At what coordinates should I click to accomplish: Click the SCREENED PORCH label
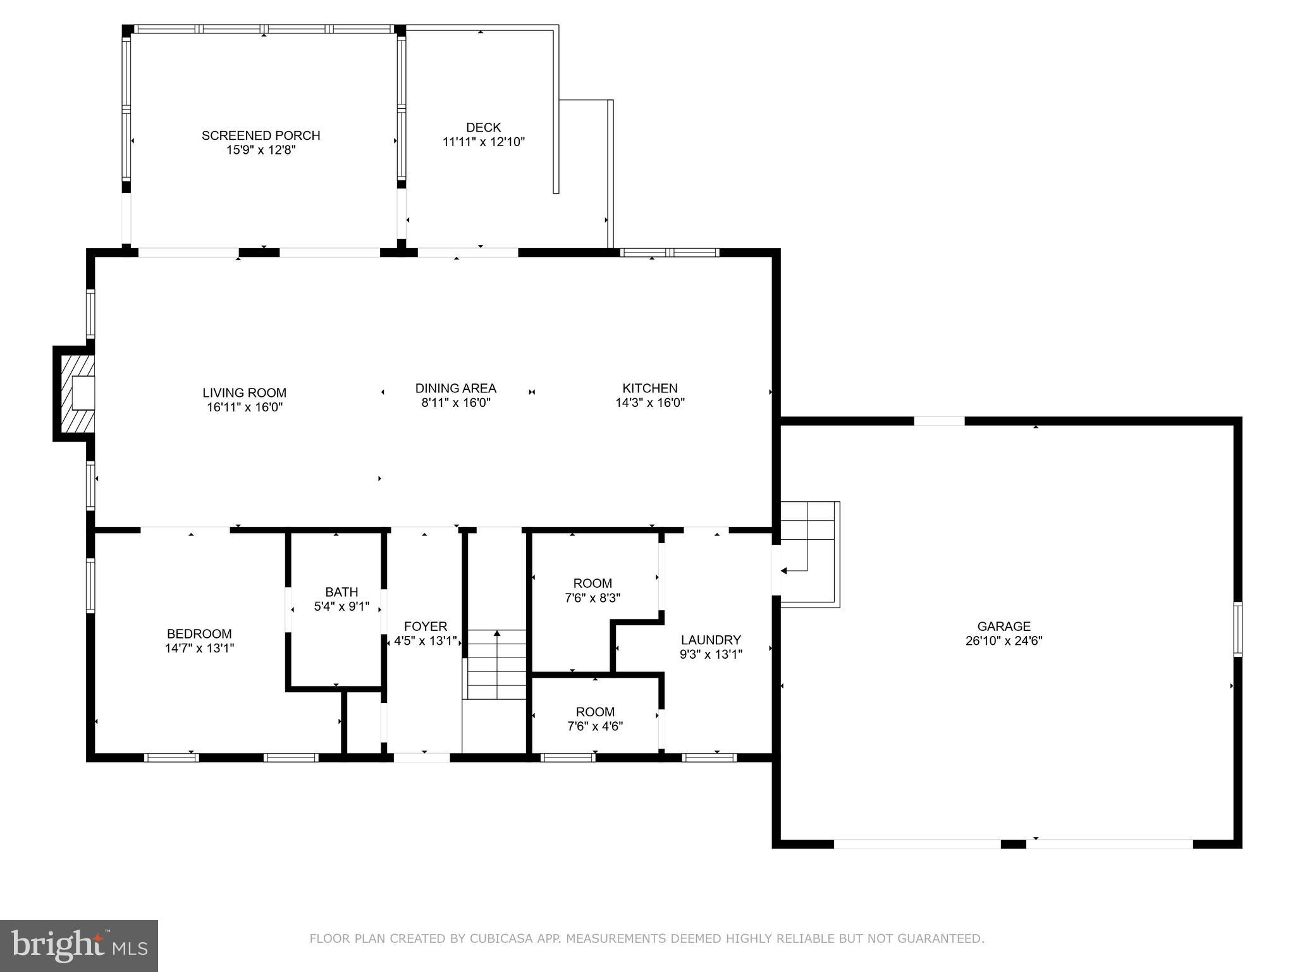coord(261,135)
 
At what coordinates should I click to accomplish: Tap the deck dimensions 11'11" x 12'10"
coord(484,142)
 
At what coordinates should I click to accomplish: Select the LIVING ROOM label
coord(244,393)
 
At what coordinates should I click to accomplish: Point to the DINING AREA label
coord(455,389)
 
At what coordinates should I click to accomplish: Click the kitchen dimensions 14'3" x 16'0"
coord(649,402)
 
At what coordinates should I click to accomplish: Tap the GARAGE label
coord(1003,626)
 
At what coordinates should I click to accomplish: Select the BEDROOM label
coord(199,634)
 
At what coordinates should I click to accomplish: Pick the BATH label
coord(341,592)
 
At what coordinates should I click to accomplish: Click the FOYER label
coord(425,626)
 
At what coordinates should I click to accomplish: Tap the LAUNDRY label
coord(711,640)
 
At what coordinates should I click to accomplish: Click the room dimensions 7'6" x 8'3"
coord(592,597)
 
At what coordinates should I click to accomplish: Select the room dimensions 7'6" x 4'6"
coord(595,726)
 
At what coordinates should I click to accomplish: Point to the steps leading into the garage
coord(809,554)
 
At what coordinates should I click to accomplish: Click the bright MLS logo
coord(79,946)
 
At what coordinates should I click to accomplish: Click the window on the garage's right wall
coord(1237,629)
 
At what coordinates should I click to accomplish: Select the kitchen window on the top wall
coord(670,252)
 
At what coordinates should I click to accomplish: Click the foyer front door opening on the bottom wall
coord(422,757)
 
